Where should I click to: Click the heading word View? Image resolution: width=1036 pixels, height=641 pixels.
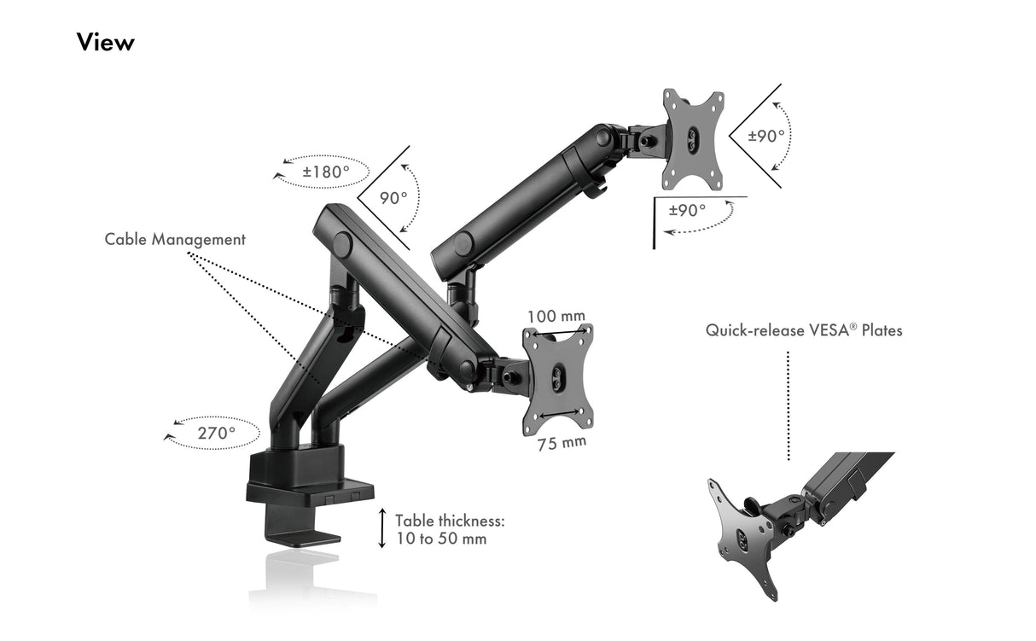click(x=106, y=42)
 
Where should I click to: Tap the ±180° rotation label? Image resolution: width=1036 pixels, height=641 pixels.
click(x=326, y=172)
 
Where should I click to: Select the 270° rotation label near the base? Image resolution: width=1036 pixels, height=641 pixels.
click(x=217, y=433)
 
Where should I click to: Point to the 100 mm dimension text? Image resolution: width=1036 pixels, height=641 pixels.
click(x=556, y=317)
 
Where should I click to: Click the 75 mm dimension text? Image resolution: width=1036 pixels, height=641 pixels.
click(x=562, y=443)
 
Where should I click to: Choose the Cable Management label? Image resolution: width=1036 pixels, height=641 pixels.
click(x=175, y=240)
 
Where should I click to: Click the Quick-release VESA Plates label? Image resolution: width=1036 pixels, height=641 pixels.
click(x=804, y=330)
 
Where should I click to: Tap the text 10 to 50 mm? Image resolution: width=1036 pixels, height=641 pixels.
click(x=441, y=539)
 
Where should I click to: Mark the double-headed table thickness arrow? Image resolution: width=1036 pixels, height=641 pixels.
click(x=382, y=528)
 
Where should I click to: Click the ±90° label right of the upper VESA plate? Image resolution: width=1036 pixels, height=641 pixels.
click(x=766, y=136)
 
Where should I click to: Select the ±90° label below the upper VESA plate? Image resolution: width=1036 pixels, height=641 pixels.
click(x=687, y=211)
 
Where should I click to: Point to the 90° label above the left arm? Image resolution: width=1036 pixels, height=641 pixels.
click(x=393, y=198)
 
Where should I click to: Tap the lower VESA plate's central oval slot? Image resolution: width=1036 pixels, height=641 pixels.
click(x=558, y=378)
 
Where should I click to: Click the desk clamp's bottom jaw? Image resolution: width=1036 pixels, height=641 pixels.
click(x=303, y=538)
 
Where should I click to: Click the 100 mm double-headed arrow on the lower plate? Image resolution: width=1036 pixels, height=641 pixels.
click(x=559, y=332)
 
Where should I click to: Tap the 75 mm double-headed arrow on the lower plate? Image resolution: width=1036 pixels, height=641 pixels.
click(x=559, y=413)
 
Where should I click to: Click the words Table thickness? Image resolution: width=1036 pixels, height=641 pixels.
click(x=450, y=522)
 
